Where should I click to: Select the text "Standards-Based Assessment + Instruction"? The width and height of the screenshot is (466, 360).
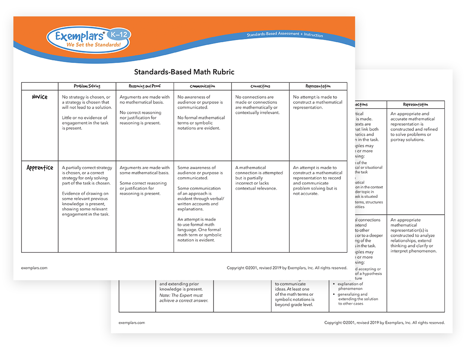pos(285,35)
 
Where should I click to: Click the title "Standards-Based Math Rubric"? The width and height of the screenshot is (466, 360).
pos(184,72)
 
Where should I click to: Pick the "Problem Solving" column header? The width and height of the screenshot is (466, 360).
pos(87,86)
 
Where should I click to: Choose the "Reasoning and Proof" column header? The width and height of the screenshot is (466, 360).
pos(145,86)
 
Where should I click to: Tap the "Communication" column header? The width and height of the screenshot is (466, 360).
pos(202,86)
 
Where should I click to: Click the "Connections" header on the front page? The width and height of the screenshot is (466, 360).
pos(260,86)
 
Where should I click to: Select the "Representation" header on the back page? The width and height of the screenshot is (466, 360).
pos(415,104)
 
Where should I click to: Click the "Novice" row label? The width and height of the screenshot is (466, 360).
pos(40,97)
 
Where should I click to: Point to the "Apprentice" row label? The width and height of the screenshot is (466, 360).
pos(40,168)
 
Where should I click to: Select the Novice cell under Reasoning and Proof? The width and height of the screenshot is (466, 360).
pos(145,110)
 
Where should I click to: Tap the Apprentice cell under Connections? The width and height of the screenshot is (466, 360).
pos(259,178)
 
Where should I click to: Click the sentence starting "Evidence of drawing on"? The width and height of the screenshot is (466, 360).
pos(85,204)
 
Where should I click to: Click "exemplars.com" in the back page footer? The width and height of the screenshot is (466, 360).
pos(132,322)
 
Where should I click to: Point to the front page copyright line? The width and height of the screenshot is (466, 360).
pos(287,268)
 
